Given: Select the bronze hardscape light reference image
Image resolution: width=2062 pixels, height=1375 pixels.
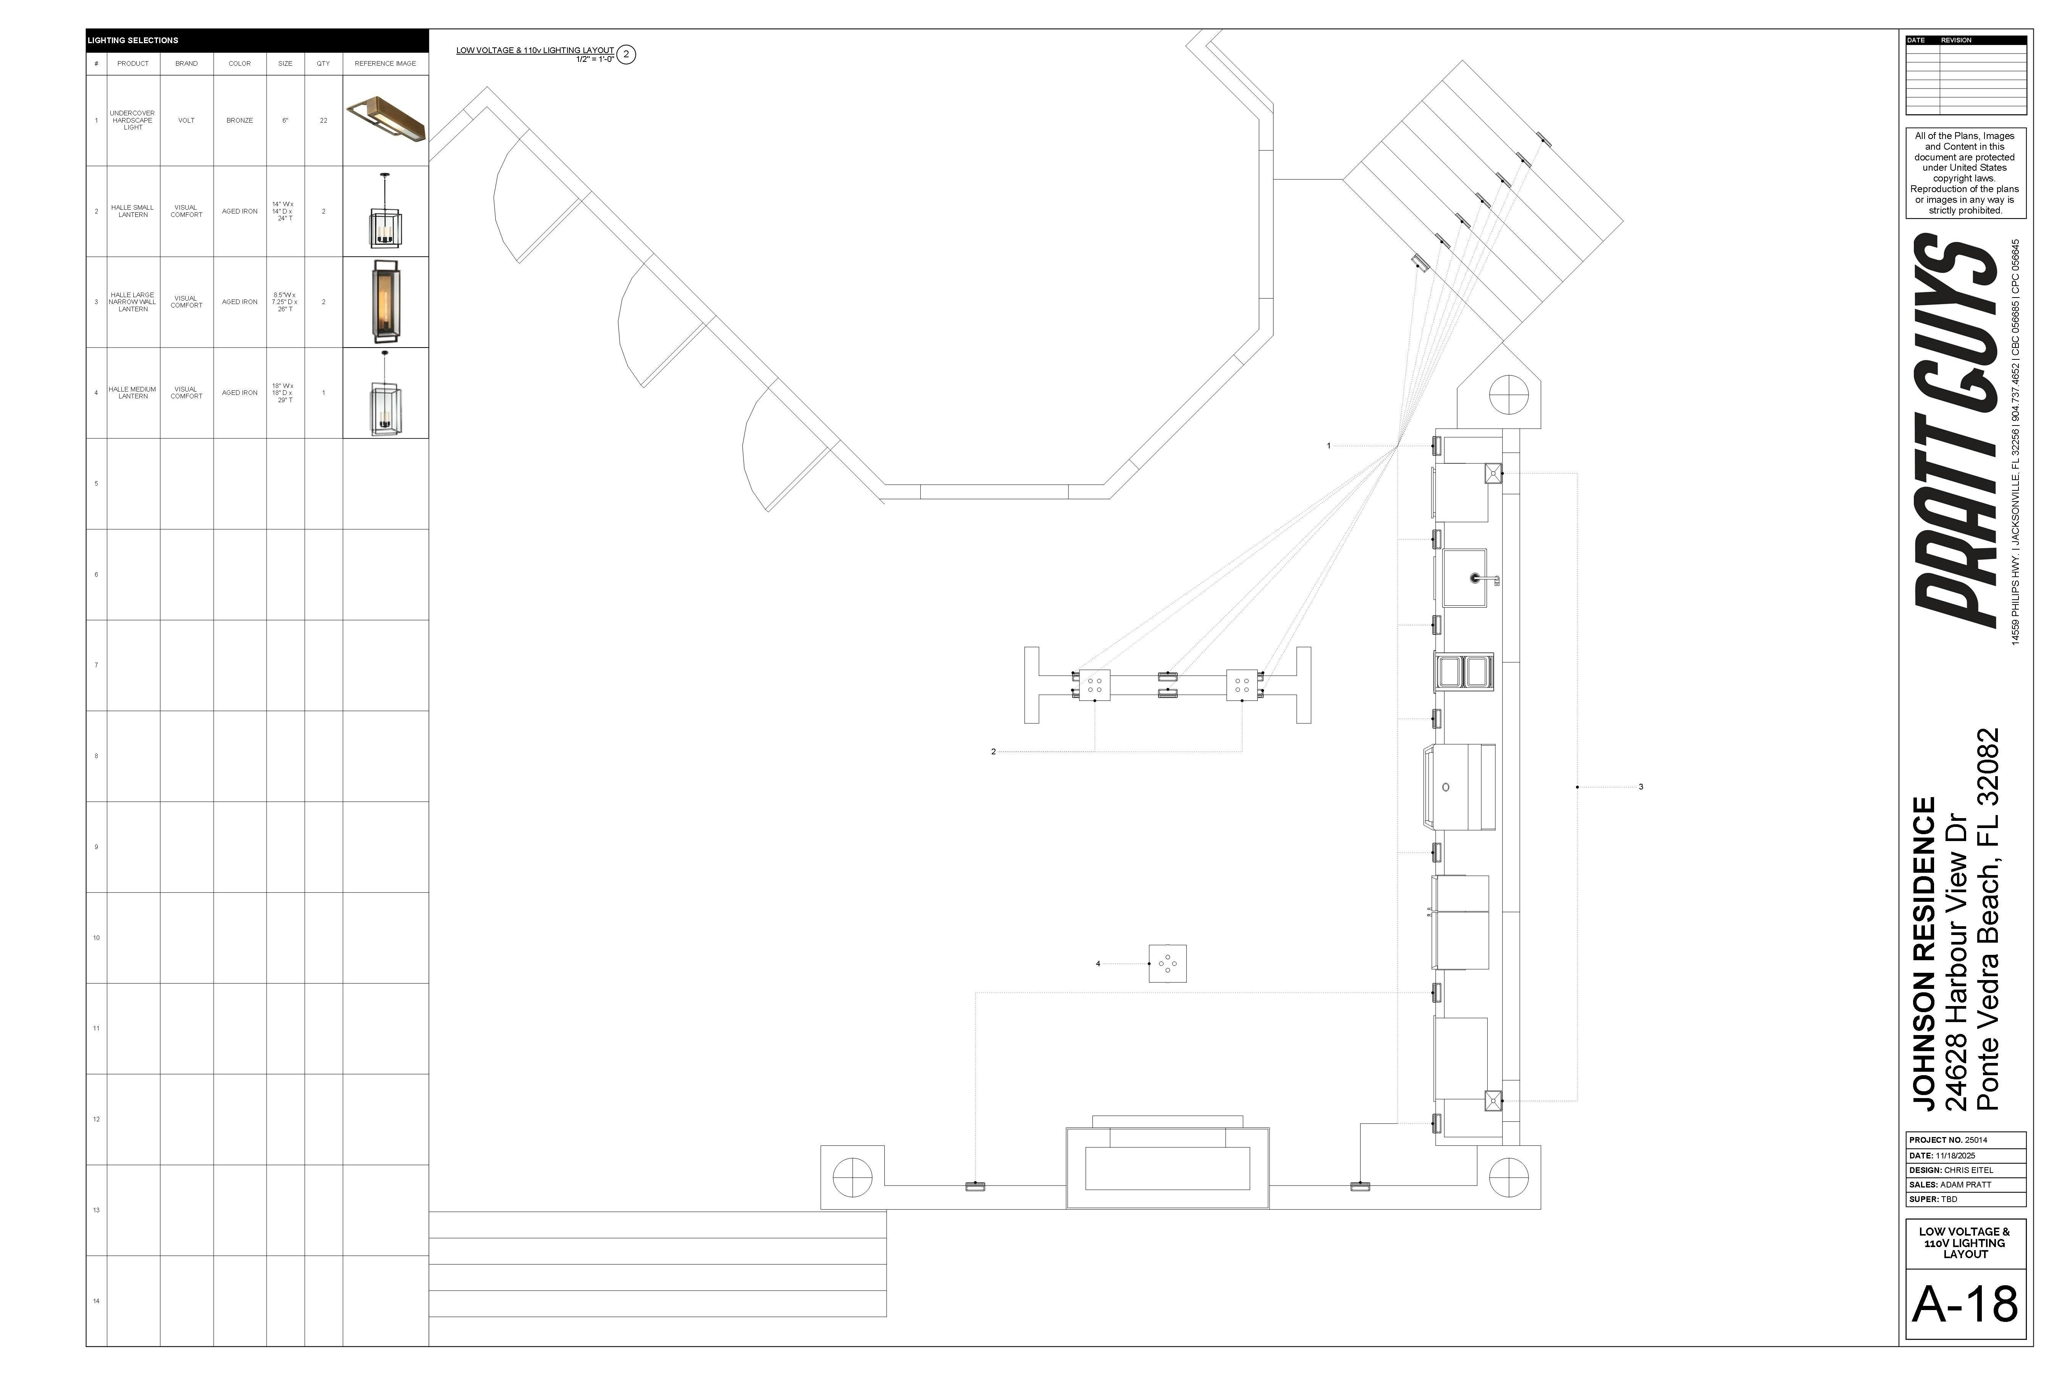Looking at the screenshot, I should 386,120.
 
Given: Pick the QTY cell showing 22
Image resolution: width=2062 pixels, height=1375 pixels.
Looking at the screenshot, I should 323,120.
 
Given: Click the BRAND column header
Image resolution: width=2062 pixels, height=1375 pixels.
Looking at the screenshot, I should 186,63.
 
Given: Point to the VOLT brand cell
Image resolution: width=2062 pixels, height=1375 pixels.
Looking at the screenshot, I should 186,120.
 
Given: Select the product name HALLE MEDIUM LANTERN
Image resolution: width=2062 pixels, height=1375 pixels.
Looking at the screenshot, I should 133,393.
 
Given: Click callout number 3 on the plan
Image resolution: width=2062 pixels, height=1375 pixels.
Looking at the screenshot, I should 1640,786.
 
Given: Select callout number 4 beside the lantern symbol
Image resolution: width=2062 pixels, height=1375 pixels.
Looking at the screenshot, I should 1097,964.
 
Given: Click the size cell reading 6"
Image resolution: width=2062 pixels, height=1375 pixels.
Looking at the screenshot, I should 285,120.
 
